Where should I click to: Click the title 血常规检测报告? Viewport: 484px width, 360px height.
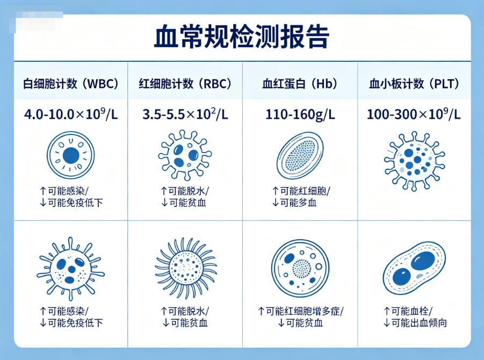(242, 37)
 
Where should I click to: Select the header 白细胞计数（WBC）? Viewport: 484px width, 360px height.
(70, 84)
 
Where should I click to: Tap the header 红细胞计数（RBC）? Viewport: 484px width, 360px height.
(185, 84)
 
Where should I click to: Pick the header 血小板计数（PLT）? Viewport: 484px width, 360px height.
(414, 84)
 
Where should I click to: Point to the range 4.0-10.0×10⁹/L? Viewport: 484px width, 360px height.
(70, 114)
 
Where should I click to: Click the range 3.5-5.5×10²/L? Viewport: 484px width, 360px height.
(185, 114)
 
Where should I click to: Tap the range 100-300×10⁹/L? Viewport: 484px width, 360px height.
(414, 114)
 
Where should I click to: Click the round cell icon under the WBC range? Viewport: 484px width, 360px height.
(70, 156)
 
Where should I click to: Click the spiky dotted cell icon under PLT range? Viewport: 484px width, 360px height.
(414, 160)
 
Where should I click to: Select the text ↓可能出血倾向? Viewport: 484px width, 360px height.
(415, 323)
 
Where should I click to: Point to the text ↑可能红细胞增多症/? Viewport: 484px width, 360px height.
(300, 311)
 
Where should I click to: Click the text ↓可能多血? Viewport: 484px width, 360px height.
(297, 203)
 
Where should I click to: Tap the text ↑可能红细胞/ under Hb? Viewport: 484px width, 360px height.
(301, 191)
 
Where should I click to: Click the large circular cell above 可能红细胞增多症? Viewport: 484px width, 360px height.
(300, 266)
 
